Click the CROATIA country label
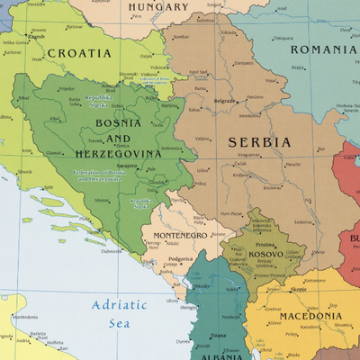79,53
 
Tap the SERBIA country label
259,142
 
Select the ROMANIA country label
323,49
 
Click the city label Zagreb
37,37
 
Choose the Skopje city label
297,290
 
